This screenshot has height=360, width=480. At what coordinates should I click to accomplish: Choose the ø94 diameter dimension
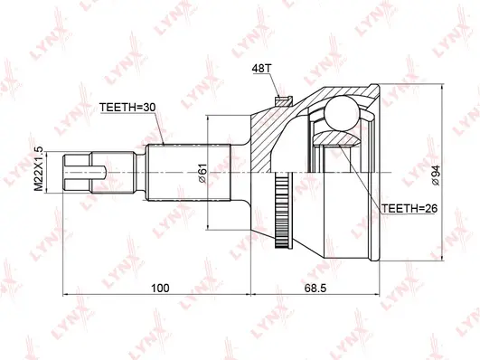click(x=437, y=174)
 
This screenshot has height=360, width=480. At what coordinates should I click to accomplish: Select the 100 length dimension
click(x=161, y=288)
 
